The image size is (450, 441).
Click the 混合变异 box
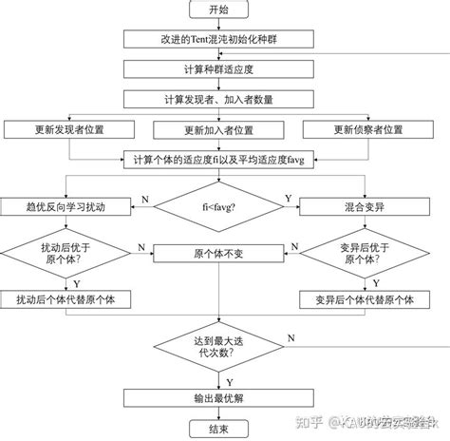click(x=365, y=205)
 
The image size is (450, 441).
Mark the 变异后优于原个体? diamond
click(x=365, y=252)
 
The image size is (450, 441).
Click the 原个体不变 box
click(x=217, y=253)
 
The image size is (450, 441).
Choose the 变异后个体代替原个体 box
click(x=365, y=299)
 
